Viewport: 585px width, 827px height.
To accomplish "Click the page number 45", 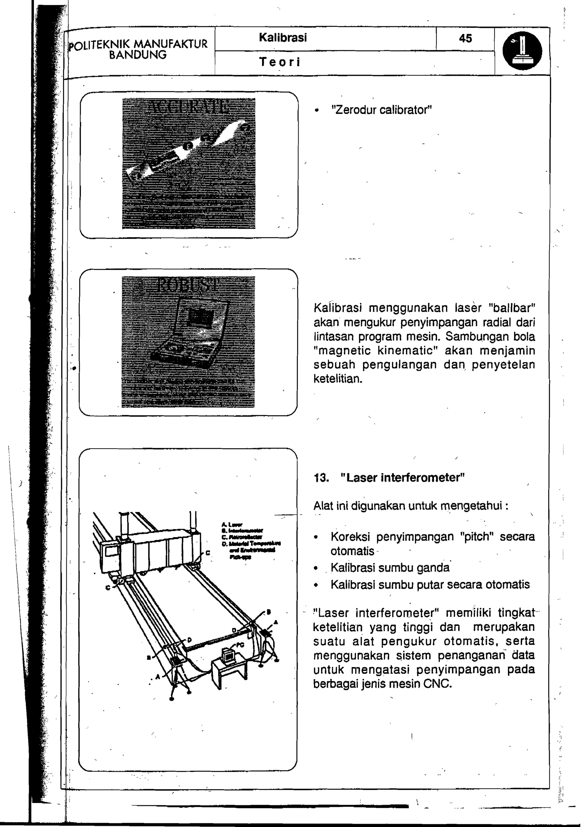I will (x=465, y=38).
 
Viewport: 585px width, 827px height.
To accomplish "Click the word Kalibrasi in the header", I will (x=283, y=37).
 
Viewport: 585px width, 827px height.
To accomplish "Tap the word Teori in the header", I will (x=280, y=62).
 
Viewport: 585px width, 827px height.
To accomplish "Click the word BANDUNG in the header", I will (x=138, y=55).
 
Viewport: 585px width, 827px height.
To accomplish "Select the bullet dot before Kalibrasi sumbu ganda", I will (x=316, y=568).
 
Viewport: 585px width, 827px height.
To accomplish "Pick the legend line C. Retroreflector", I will (x=240, y=537).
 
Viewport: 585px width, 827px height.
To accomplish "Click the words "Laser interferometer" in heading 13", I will (x=402, y=478).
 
